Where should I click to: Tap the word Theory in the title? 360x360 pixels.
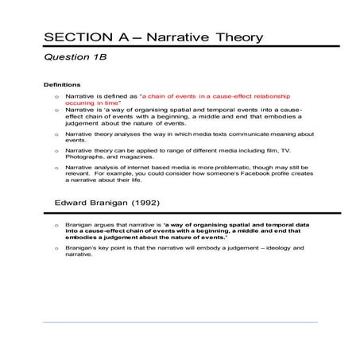click(x=234, y=37)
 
